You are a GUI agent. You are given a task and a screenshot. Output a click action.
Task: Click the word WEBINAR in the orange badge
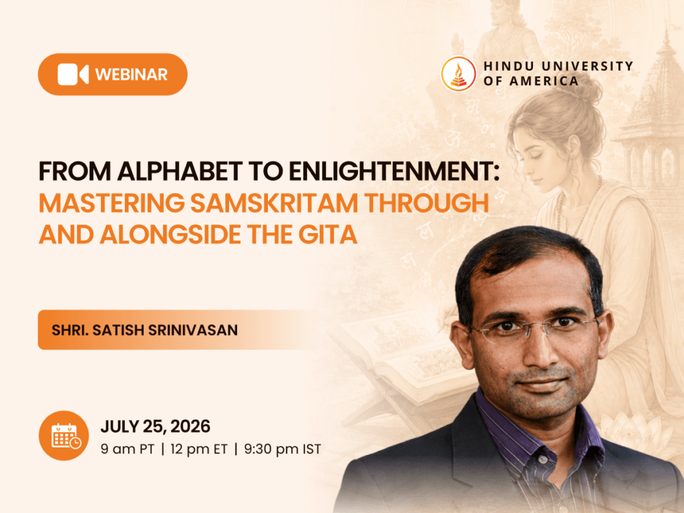click(132, 75)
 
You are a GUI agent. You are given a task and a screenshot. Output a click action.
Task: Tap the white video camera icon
click(73, 75)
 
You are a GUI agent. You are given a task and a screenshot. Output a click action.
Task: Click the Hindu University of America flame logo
click(458, 74)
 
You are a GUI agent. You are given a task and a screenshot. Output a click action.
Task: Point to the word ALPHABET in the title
click(180, 171)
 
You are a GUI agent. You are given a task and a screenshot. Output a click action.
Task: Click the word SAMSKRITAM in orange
click(275, 203)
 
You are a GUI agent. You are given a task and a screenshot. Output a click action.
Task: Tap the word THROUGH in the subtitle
click(426, 203)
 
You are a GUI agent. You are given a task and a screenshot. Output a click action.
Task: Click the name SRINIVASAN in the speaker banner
click(193, 330)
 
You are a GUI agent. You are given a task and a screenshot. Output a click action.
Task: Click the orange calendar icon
click(63, 436)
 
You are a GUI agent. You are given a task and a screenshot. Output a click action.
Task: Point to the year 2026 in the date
click(190, 426)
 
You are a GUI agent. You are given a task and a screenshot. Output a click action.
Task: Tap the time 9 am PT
click(128, 449)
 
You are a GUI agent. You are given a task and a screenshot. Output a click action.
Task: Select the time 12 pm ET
click(199, 449)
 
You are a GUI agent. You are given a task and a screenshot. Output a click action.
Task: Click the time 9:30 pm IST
click(283, 449)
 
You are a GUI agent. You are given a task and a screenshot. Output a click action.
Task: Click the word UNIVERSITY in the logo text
click(587, 66)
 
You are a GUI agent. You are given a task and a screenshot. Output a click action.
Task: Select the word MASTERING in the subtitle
click(112, 203)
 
